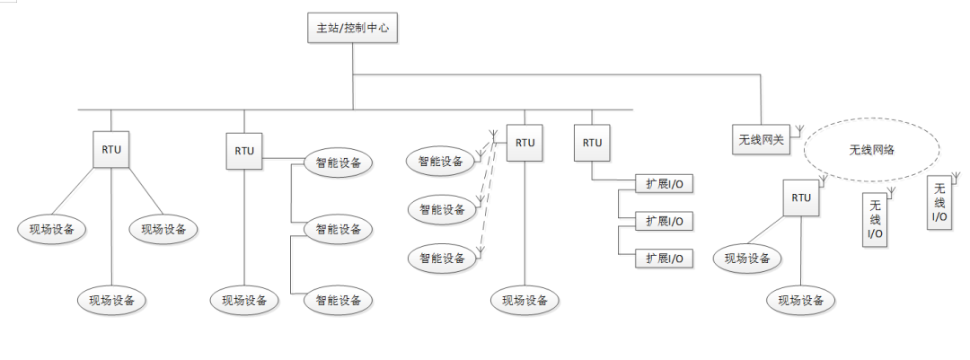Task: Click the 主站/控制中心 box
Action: [x=352, y=29]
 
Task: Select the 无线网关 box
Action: [x=761, y=139]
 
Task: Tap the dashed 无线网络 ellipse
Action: [x=871, y=149]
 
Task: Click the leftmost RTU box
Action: [x=111, y=149]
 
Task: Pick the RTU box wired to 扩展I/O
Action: [x=592, y=143]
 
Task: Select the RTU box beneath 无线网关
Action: [x=801, y=198]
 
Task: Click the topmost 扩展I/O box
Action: [x=665, y=183]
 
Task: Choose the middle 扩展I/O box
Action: [x=665, y=221]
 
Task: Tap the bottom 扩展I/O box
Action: [x=665, y=259]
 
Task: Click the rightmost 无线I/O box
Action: [x=939, y=202]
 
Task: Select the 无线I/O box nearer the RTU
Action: [x=875, y=219]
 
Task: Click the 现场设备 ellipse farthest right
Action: [x=801, y=301]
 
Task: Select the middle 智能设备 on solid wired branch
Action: [x=338, y=229]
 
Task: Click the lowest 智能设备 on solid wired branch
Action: [x=338, y=301]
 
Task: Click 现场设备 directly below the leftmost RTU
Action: [x=111, y=301]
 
